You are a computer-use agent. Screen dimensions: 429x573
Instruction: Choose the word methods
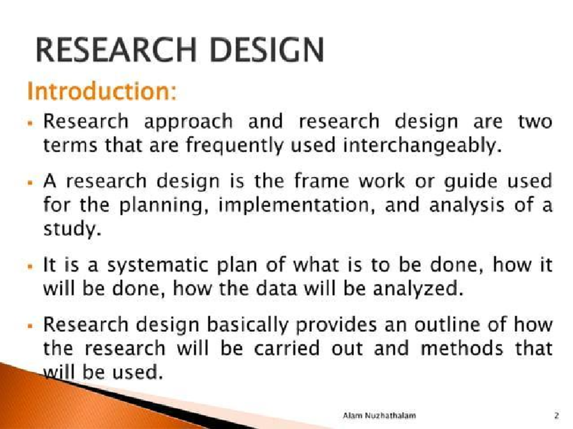click(x=462, y=349)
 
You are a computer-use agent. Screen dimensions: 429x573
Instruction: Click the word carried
click(x=286, y=349)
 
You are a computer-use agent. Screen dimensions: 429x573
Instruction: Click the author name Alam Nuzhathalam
click(x=380, y=416)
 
